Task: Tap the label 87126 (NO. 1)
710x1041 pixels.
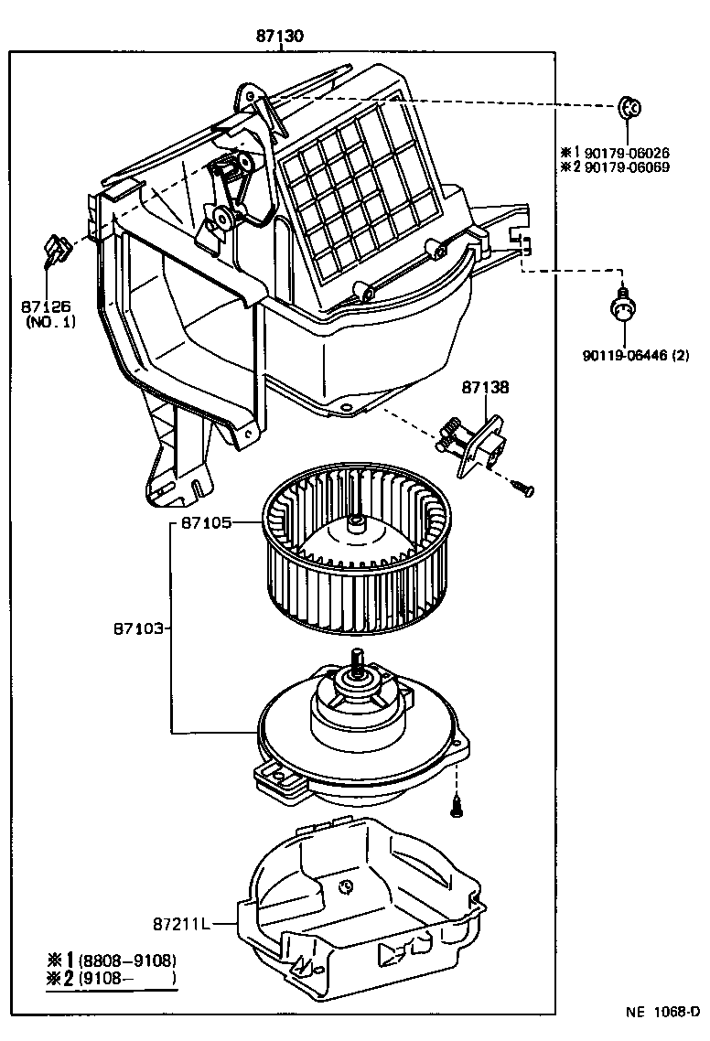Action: [51, 314]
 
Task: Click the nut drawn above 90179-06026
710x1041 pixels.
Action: [629, 108]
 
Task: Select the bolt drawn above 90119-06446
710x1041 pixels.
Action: [622, 309]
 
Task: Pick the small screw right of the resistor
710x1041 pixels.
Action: [523, 489]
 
